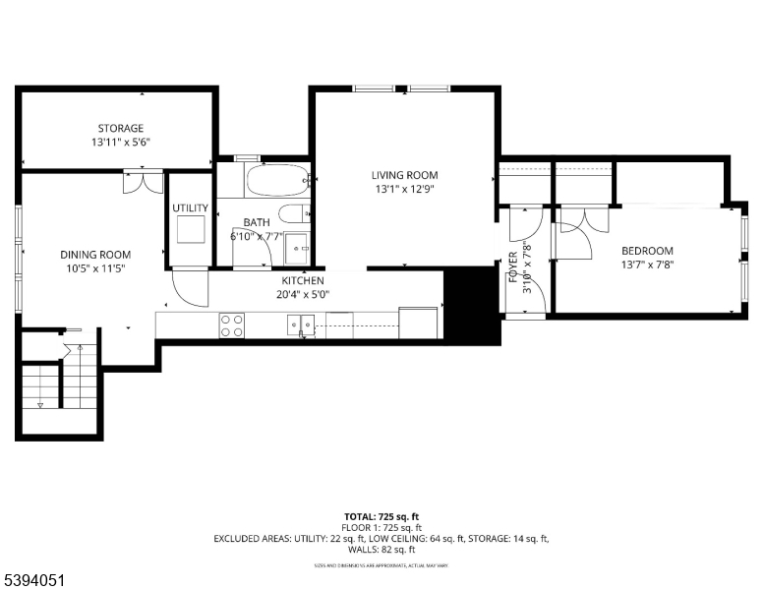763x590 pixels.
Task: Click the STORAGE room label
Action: coord(120,128)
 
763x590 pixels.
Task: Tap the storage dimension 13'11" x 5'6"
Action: coord(120,142)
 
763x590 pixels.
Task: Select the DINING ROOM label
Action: coord(94,255)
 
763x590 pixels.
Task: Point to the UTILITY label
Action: coord(190,208)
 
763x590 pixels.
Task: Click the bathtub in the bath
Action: coord(276,181)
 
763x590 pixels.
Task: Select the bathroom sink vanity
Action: coord(297,249)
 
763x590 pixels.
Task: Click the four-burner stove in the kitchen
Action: coord(232,325)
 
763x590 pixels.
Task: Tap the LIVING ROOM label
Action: coord(404,175)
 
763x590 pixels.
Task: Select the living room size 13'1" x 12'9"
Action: coord(404,189)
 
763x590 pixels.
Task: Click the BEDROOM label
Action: coord(647,251)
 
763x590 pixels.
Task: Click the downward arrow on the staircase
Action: coord(40,404)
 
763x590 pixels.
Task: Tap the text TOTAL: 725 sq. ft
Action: coord(381,516)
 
